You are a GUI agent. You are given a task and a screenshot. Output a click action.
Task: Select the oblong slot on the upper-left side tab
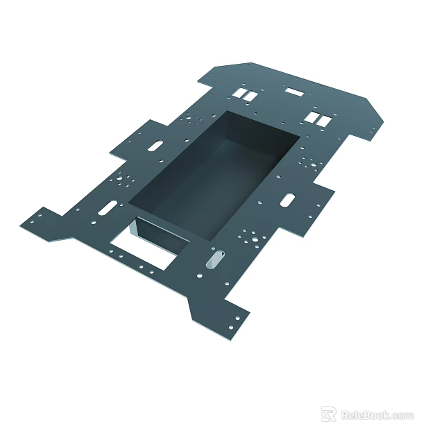click(156, 146)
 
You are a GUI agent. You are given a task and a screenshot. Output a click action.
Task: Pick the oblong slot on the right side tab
click(287, 200)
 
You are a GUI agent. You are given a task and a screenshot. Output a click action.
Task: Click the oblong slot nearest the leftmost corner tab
click(108, 207)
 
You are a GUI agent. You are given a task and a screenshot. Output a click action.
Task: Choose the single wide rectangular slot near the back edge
click(294, 92)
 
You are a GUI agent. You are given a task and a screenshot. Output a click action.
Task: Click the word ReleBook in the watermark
click(366, 416)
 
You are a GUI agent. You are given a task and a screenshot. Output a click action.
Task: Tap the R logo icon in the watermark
click(328, 414)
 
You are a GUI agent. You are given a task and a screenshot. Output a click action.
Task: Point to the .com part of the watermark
click(403, 416)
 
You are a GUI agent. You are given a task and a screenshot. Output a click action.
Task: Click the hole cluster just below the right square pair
click(309, 163)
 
